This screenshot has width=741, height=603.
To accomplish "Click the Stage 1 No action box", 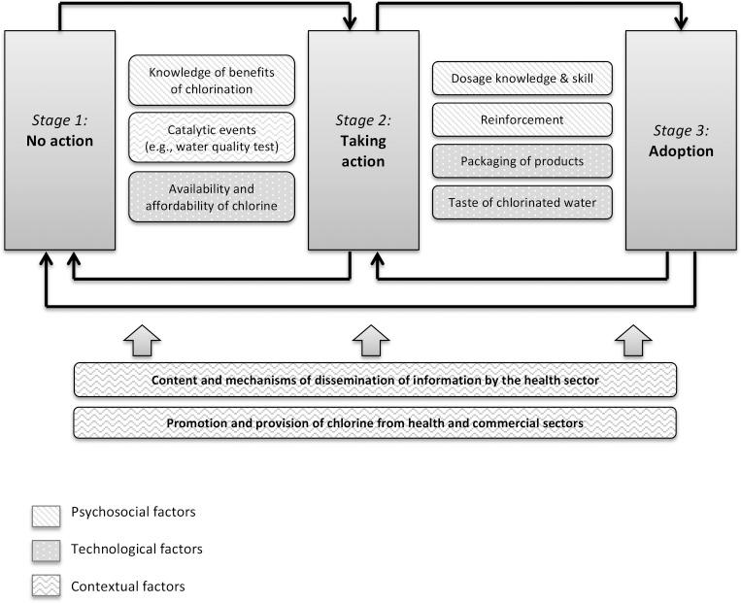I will click(x=60, y=140).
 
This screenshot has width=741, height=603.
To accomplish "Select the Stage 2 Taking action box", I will click(x=363, y=140).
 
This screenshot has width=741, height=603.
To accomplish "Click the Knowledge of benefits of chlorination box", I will click(x=212, y=82).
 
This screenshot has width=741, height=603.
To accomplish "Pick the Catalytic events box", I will click(x=212, y=138).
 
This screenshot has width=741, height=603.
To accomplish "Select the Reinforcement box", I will click(x=522, y=120).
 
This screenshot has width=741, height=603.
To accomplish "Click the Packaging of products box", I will click(x=522, y=161).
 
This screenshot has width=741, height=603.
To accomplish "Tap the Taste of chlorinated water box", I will click(x=522, y=202).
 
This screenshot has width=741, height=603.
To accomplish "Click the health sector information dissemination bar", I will click(x=374, y=380).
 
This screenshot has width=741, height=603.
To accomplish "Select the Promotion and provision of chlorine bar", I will click(x=374, y=423).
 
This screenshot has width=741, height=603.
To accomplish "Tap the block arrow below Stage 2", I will click(x=370, y=340).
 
